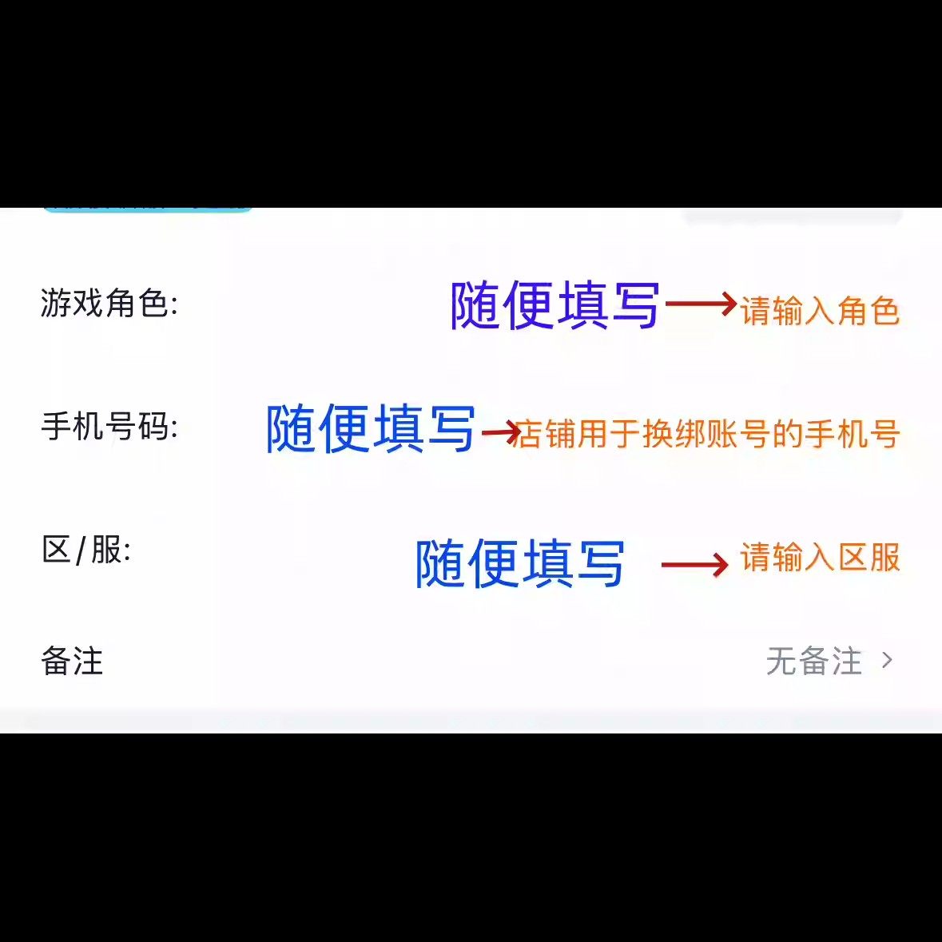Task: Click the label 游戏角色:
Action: (x=109, y=303)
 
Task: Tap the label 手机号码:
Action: (x=109, y=426)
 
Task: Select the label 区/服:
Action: (x=86, y=550)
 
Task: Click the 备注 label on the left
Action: (x=72, y=661)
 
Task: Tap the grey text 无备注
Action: (x=814, y=661)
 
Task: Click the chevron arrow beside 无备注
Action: (x=887, y=660)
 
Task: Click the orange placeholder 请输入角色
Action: (x=820, y=311)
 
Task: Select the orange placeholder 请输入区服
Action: (x=820, y=558)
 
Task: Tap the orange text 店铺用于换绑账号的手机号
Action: (x=707, y=434)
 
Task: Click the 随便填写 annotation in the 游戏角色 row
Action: (x=554, y=305)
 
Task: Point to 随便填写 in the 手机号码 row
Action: (x=371, y=428)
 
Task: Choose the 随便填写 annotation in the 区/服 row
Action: (x=519, y=563)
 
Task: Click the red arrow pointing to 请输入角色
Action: (x=700, y=304)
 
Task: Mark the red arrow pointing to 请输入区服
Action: (x=694, y=565)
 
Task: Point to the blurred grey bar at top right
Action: (x=793, y=216)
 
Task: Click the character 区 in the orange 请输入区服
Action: (x=853, y=558)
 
